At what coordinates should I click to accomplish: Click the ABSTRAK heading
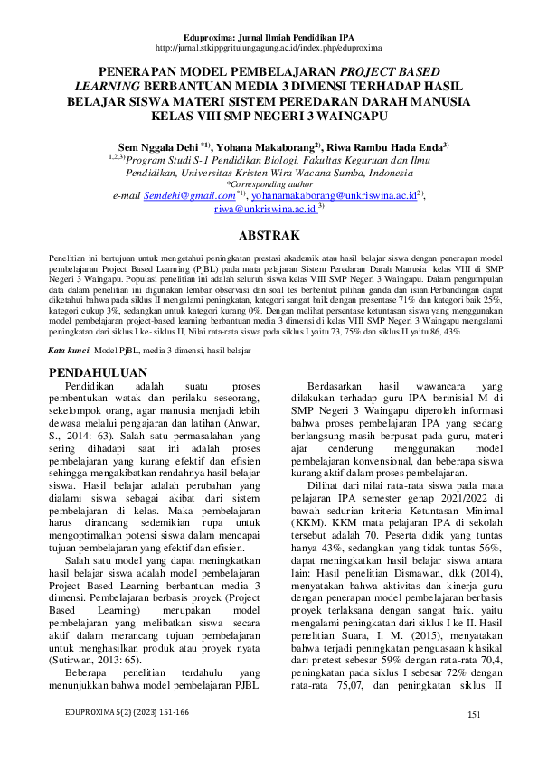coord(269,236)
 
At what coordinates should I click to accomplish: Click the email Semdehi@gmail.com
coord(189,194)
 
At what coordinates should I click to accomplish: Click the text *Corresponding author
coord(269,183)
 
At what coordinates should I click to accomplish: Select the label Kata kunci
coord(68,349)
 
